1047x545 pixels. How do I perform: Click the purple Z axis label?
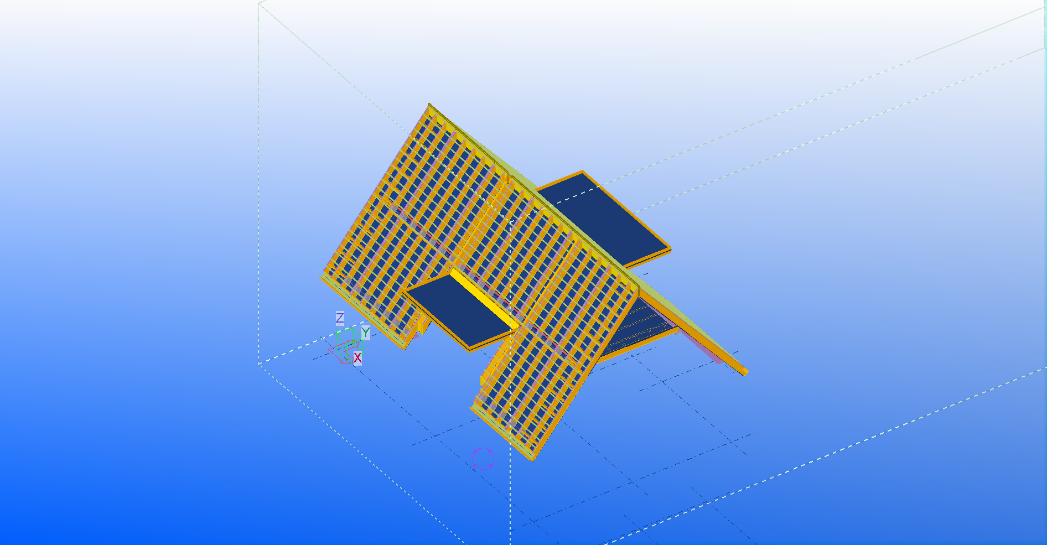click(340, 318)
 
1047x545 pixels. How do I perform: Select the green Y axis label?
click(366, 333)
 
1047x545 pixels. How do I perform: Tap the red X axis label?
click(357, 358)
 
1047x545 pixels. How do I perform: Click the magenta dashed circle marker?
click(483, 459)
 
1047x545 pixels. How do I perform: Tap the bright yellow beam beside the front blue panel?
click(485, 299)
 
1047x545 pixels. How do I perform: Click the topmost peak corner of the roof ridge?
click(429, 103)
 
